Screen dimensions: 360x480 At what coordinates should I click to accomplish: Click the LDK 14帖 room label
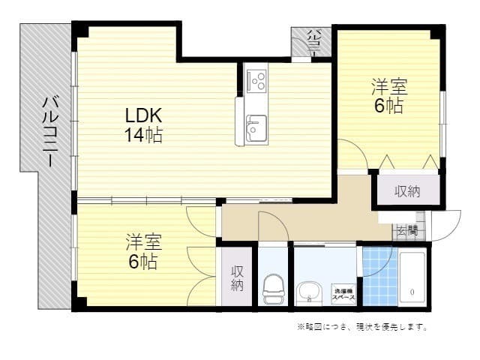coord(143,125)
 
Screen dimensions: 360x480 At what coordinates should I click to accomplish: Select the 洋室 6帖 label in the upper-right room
coord(388,96)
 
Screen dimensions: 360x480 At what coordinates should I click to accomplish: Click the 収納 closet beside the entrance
coord(407,191)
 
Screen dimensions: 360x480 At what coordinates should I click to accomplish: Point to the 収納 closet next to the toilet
coord(237,277)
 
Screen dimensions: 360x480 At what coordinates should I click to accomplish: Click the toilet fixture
coord(273,289)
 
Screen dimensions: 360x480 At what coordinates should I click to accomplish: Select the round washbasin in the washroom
coord(310,290)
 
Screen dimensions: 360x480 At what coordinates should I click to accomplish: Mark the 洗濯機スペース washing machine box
coord(344,292)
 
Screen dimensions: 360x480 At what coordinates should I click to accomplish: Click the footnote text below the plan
coord(362,326)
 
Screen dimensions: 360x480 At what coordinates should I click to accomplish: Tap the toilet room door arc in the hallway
coord(271,225)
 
